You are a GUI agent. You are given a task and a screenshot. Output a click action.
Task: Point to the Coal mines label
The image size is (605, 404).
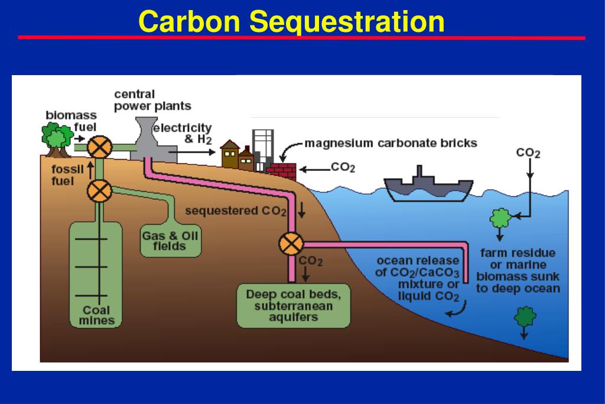pyautogui.click(x=96, y=315)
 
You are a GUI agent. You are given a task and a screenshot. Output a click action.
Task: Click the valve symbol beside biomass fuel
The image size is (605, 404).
pyautogui.click(x=99, y=146)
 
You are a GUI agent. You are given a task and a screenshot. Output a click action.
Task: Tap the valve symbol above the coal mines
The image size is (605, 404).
pyautogui.click(x=99, y=190)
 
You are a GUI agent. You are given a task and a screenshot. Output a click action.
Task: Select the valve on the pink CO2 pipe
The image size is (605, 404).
pyautogui.click(x=291, y=243)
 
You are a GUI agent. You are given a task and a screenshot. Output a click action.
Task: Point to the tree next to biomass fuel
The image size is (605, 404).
pyautogui.click(x=57, y=138)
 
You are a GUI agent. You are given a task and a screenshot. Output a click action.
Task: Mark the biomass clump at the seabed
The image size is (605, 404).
pyautogui.click(x=524, y=318)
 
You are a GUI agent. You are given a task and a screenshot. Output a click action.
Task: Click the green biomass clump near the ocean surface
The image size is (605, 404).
pyautogui.click(x=500, y=219)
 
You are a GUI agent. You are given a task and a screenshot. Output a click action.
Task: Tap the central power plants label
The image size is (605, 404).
pyautogui.click(x=152, y=100)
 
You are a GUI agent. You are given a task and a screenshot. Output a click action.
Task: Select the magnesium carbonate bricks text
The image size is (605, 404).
pyautogui.click(x=391, y=143)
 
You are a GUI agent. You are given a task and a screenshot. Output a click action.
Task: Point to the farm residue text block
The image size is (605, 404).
pyautogui.click(x=518, y=271)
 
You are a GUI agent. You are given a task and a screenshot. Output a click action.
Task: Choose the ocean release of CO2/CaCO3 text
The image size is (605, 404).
pyautogui.click(x=417, y=279)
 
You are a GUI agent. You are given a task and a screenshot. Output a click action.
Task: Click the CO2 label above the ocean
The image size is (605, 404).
pyautogui.click(x=528, y=153)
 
